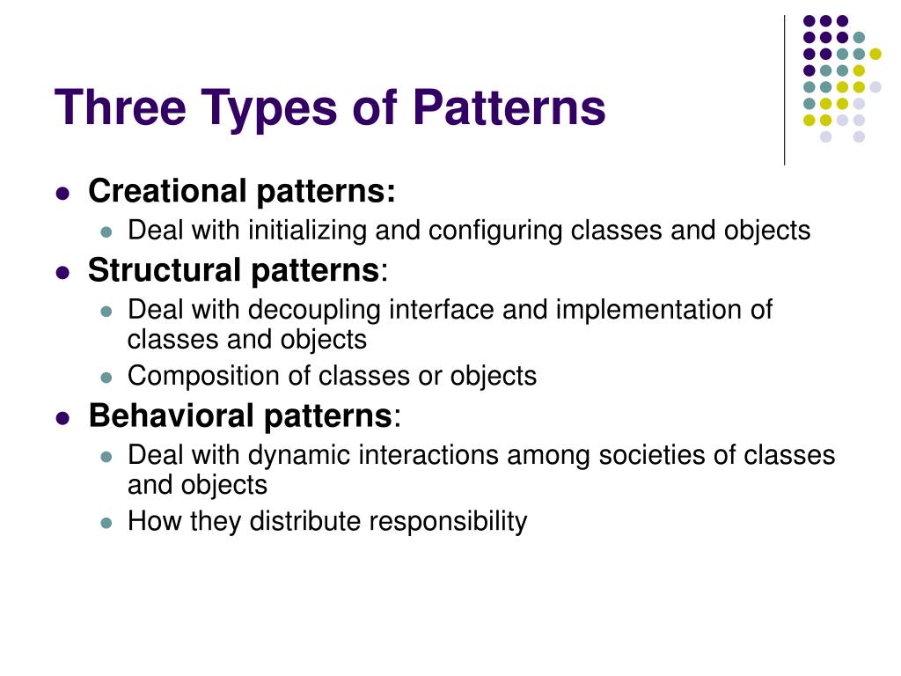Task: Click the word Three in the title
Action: (x=120, y=108)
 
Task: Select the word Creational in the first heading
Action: (x=168, y=191)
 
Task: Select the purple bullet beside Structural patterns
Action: (x=62, y=273)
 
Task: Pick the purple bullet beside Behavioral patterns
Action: (x=62, y=418)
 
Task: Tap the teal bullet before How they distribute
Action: (x=107, y=523)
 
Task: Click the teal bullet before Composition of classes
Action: (x=107, y=378)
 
